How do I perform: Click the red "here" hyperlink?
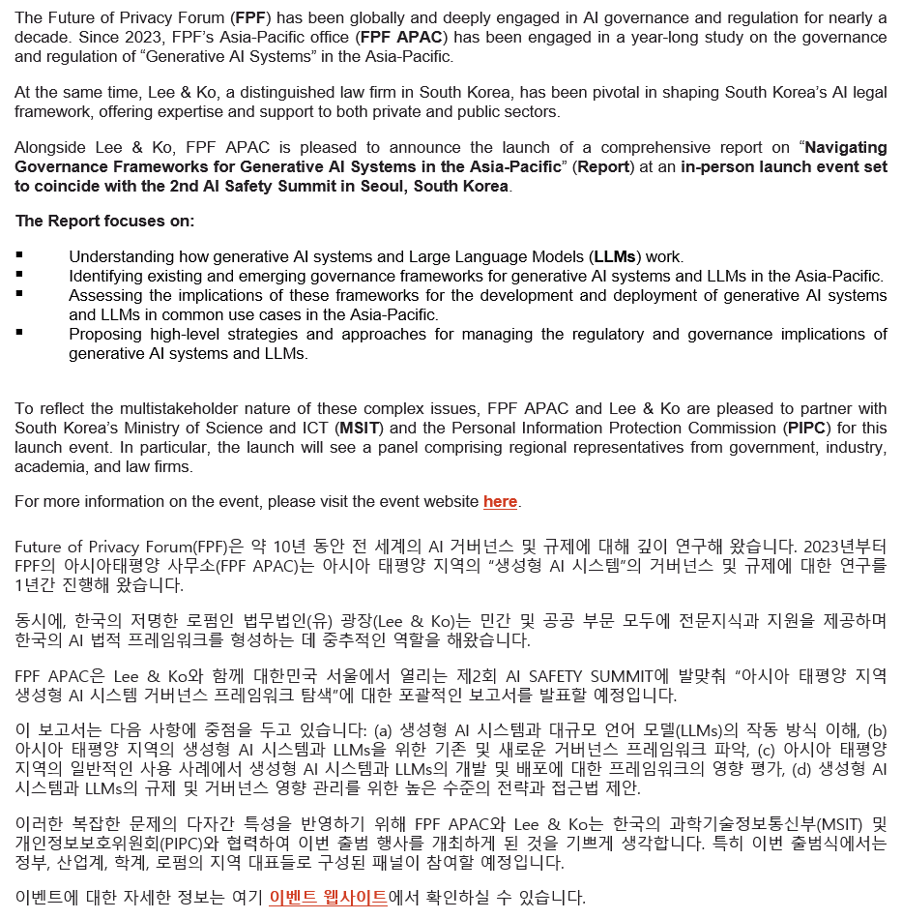tap(500, 501)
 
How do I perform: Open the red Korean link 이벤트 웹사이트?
tap(328, 897)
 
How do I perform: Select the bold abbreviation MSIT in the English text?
tap(357, 427)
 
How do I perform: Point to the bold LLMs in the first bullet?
tap(613, 256)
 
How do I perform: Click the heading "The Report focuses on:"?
tap(104, 221)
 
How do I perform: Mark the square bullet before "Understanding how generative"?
tap(21, 256)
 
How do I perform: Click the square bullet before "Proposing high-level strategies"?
tap(21, 334)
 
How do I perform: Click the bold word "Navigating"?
tap(845, 147)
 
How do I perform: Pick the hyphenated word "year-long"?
tap(650, 37)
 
